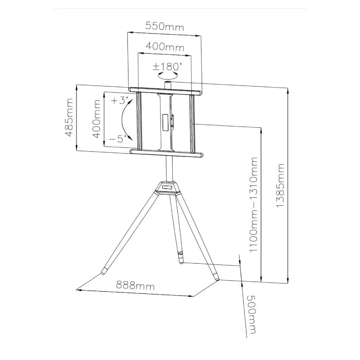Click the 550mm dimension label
pos(165,27)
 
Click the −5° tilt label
pos(118,139)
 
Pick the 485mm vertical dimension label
pos(69,118)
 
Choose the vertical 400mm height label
pos(96,119)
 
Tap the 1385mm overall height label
pos(280,185)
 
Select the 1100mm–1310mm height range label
pos(253,204)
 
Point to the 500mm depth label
pos(251,314)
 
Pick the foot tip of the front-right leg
pos(217,278)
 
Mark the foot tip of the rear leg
pos(181,262)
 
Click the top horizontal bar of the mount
pos(165,91)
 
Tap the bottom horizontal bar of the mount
pos(167,153)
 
